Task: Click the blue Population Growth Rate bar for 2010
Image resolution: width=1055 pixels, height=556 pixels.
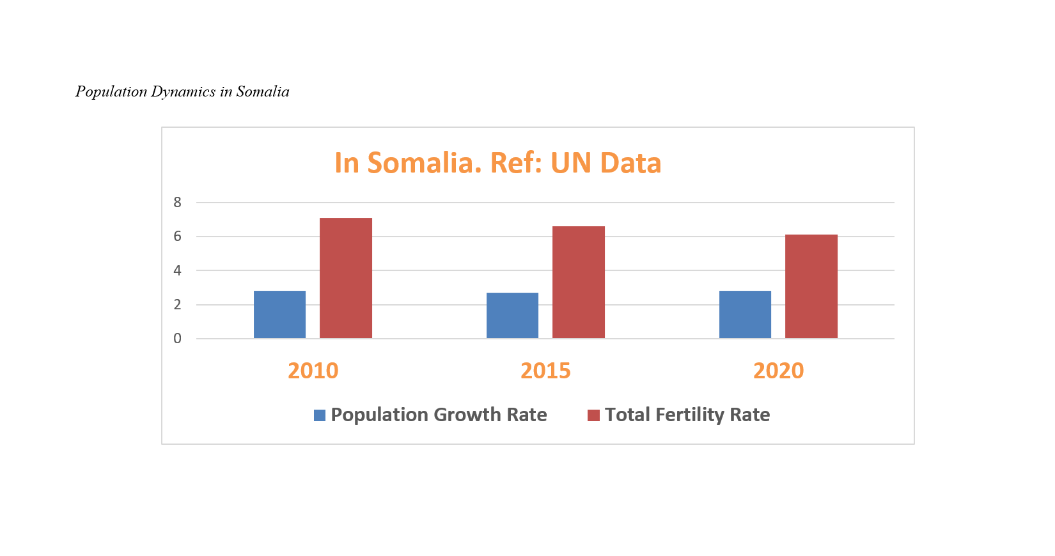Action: pyautogui.click(x=279, y=314)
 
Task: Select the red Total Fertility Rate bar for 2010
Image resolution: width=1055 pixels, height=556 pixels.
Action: pyautogui.click(x=345, y=278)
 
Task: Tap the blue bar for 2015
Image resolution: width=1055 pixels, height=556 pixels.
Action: pyautogui.click(x=512, y=316)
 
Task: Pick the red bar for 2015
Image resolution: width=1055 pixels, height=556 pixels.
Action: pyautogui.click(x=578, y=282)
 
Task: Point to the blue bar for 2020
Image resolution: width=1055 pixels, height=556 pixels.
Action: pyautogui.click(x=745, y=314)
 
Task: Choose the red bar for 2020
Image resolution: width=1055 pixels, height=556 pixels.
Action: pyautogui.click(x=811, y=286)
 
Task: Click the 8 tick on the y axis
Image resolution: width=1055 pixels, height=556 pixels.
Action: pyautogui.click(x=177, y=203)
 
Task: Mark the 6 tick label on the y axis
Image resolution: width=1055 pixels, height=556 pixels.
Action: pyautogui.click(x=177, y=236)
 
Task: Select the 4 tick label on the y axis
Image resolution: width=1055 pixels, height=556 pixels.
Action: pyautogui.click(x=177, y=270)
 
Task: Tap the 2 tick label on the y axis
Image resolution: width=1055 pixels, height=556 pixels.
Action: pyautogui.click(x=177, y=305)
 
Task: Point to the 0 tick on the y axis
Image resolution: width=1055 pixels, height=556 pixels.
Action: pyautogui.click(x=177, y=339)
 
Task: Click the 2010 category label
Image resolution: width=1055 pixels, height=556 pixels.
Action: pyautogui.click(x=313, y=371)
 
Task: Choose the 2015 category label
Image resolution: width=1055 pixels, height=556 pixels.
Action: pyautogui.click(x=545, y=371)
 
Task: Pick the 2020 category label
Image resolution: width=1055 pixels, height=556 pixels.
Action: pyautogui.click(x=778, y=371)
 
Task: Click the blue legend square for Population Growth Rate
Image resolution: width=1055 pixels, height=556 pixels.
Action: pyautogui.click(x=320, y=415)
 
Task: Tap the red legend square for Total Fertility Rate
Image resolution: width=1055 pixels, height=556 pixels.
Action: pyautogui.click(x=593, y=415)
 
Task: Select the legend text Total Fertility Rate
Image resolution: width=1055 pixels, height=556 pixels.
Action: pyautogui.click(x=687, y=415)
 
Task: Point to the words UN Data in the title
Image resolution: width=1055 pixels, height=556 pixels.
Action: pyautogui.click(x=606, y=163)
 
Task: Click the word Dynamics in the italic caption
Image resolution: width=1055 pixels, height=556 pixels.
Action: pyautogui.click(x=183, y=91)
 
